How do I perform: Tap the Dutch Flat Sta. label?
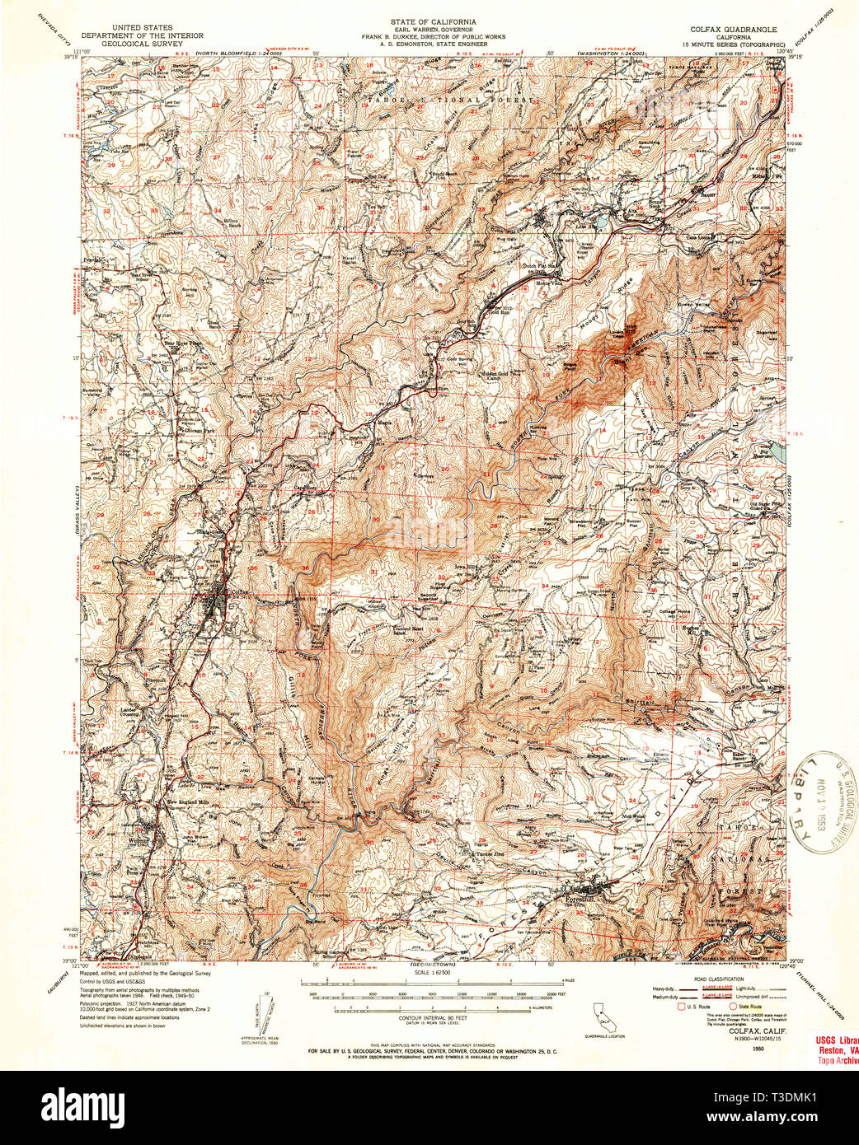pyautogui.click(x=543, y=267)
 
